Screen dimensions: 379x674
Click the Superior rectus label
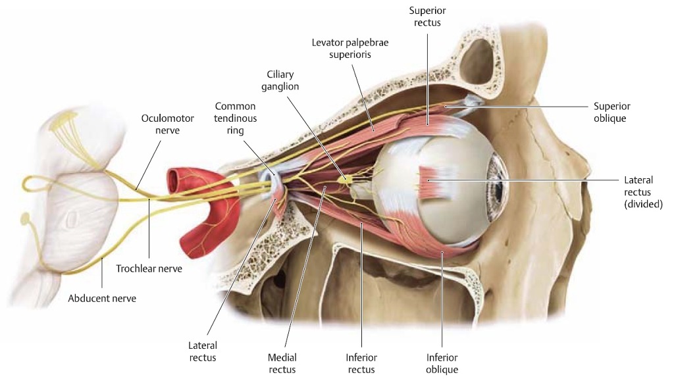tap(425, 16)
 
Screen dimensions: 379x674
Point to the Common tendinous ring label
tap(235, 118)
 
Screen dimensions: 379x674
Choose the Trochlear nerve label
tap(149, 268)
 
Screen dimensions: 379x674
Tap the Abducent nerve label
tap(102, 298)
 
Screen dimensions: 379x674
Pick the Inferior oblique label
tap(442, 363)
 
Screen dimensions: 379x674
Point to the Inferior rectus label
tap(361, 363)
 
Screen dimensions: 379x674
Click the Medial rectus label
tap(282, 363)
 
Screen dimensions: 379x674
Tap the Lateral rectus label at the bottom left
tap(202, 351)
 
